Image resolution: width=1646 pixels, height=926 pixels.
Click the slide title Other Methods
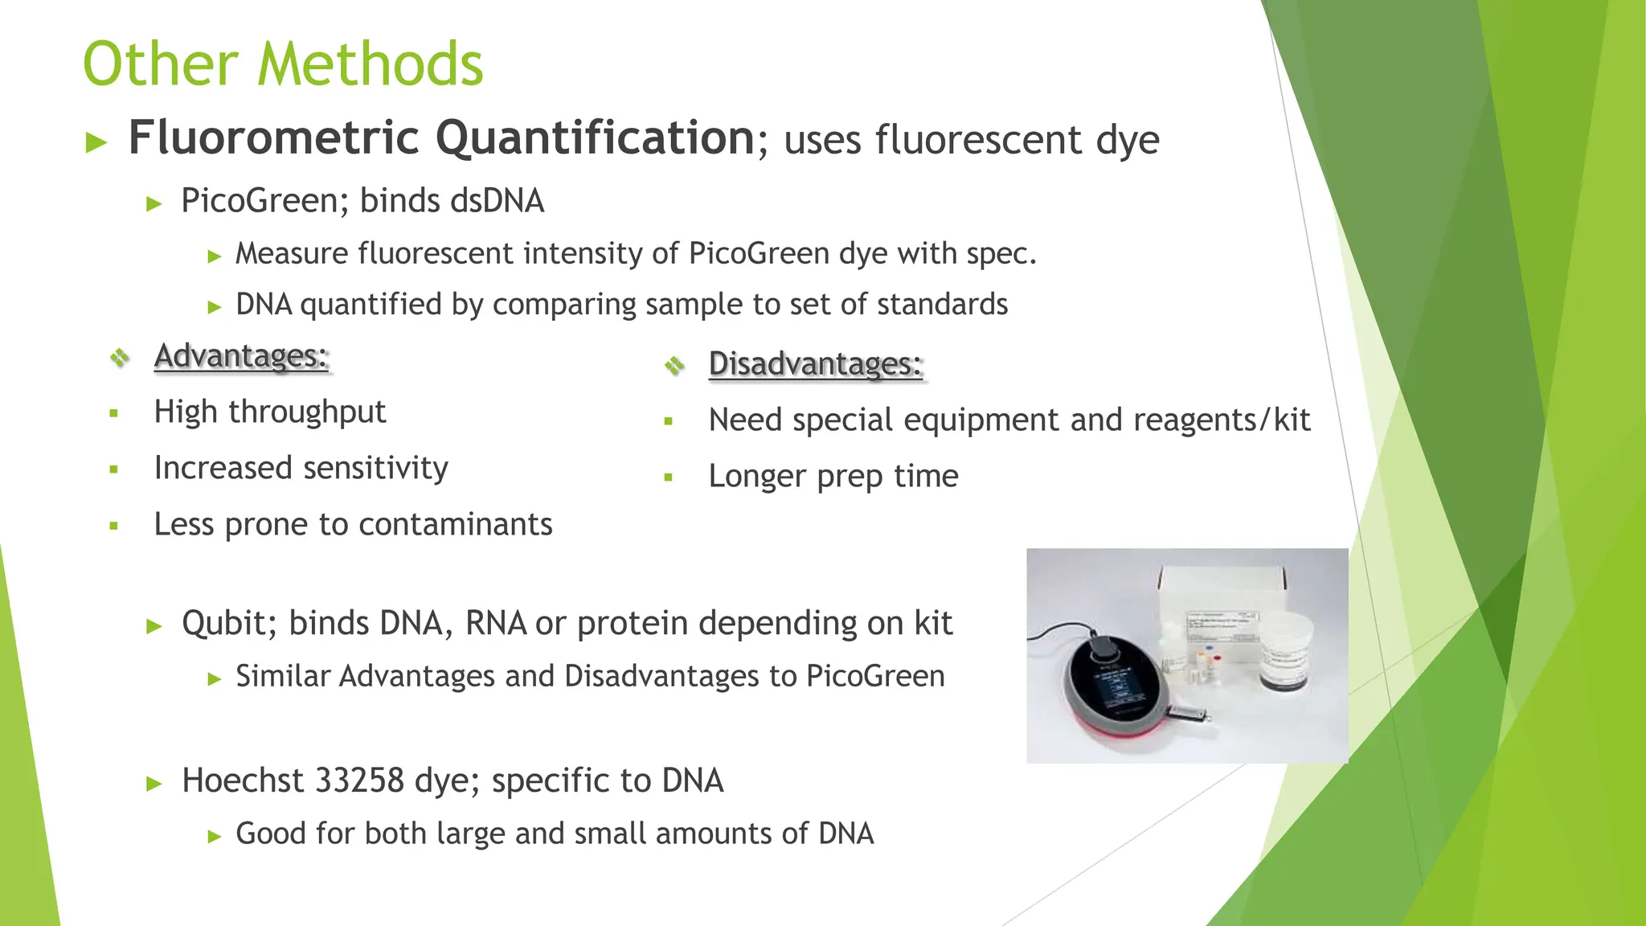pos(283,64)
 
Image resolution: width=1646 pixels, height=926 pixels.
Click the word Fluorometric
pos(273,138)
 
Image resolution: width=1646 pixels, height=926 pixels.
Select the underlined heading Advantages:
pos(241,356)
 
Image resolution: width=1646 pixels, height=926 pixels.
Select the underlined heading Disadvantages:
pos(815,364)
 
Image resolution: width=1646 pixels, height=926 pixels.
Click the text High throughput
pos(269,412)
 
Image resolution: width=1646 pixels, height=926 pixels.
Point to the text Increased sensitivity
pos(301,469)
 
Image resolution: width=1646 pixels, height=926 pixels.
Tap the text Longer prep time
pos(833,477)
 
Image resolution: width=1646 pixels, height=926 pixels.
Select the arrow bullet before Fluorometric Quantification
pos(96,143)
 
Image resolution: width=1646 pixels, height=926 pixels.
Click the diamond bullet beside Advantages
pos(120,357)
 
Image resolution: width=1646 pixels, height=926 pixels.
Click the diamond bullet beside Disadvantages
pos(674,366)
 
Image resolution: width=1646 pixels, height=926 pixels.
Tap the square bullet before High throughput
pos(114,414)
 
